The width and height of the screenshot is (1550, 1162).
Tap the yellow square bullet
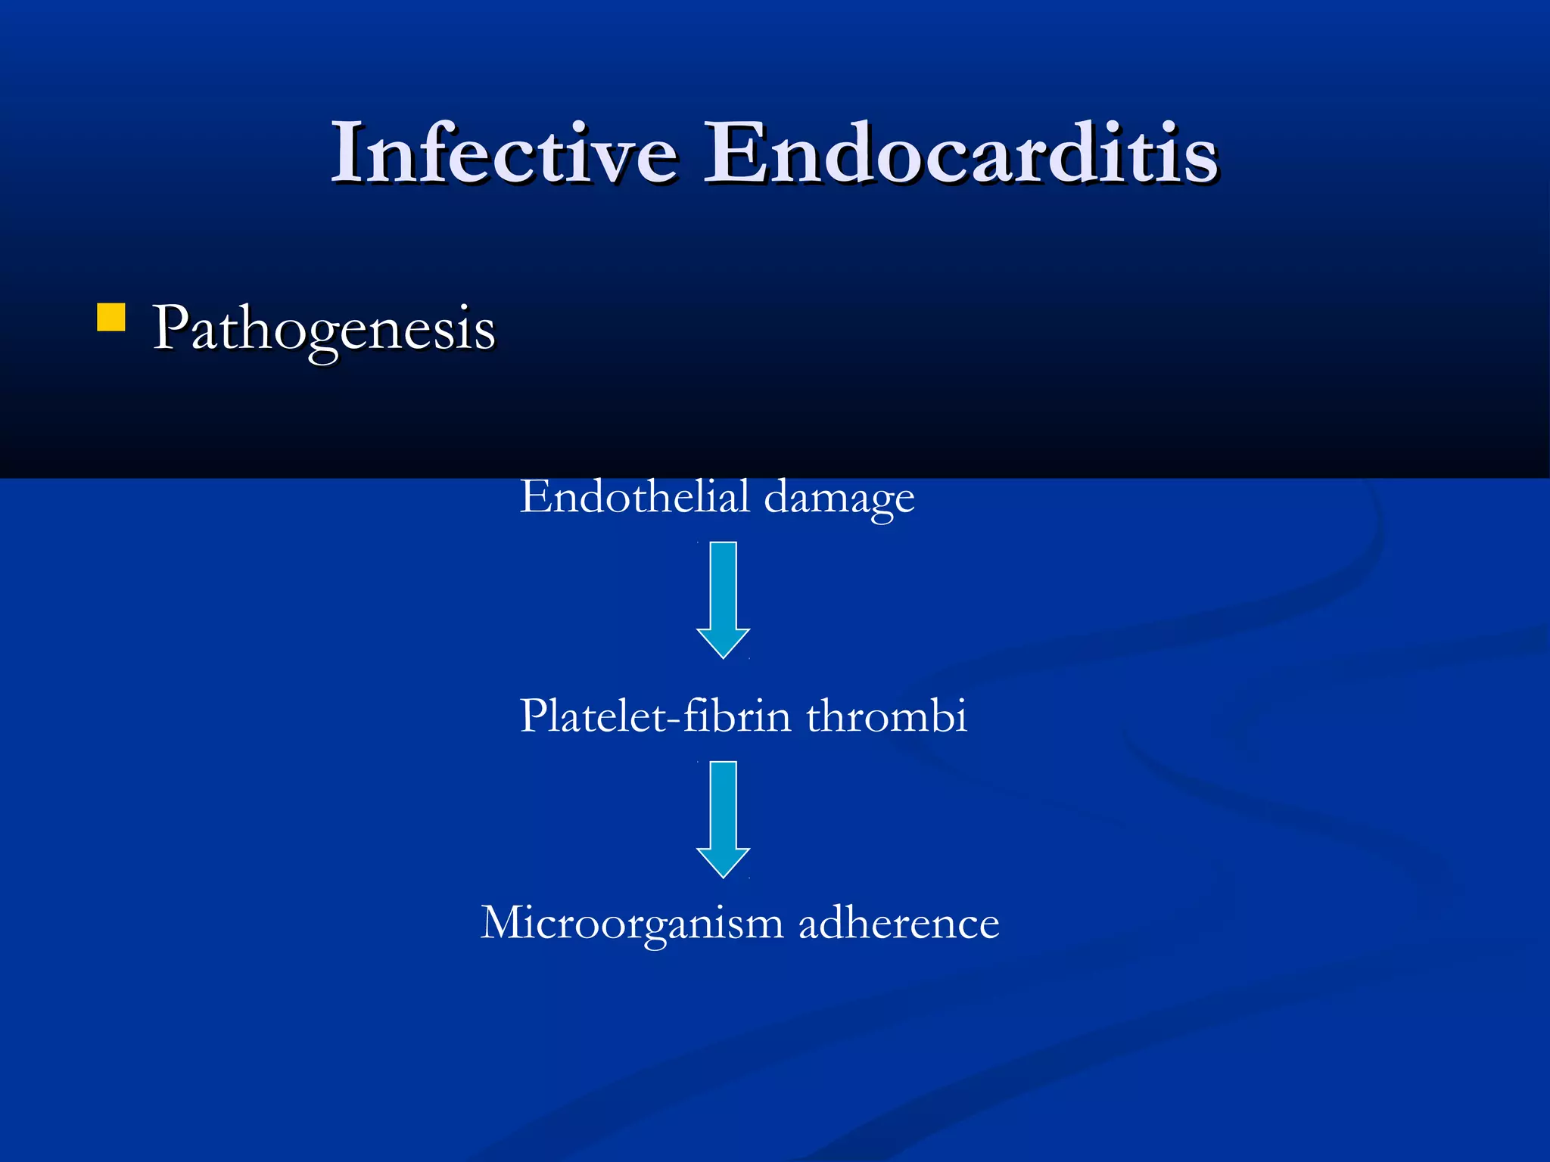click(x=111, y=318)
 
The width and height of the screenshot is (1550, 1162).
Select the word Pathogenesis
click(x=324, y=330)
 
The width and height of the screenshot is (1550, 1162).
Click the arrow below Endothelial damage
click(x=724, y=598)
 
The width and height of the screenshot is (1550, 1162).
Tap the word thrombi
click(x=886, y=716)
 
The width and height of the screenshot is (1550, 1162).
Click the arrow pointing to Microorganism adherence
click(x=724, y=817)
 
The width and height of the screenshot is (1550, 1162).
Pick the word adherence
click(x=898, y=923)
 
